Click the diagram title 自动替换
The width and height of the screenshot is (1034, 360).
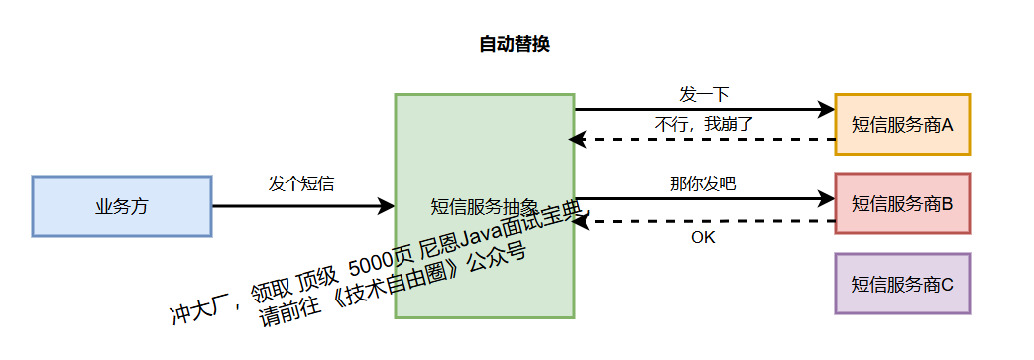coord(514,44)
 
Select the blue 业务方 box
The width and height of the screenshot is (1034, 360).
coord(122,206)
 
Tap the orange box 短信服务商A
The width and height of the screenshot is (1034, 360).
coord(902,125)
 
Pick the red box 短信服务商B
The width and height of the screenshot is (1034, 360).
coord(902,204)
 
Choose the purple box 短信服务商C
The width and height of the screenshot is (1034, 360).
coord(902,284)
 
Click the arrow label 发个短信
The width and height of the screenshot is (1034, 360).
coord(301,184)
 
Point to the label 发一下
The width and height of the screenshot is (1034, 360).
coord(704,94)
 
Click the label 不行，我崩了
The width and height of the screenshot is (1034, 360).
coord(705,125)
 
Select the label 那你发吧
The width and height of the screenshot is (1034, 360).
coord(703,184)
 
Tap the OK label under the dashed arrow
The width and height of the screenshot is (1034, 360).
coord(703,237)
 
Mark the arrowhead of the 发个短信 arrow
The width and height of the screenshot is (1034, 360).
coord(386,206)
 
